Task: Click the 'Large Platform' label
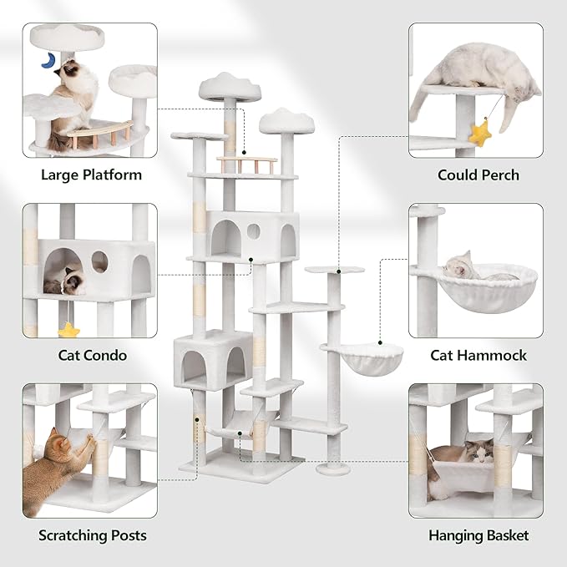(91, 175)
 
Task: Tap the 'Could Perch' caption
(478, 175)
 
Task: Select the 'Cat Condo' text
(92, 355)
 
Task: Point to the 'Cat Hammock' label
(478, 355)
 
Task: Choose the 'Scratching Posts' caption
(92, 535)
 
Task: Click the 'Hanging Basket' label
(478, 535)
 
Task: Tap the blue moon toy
(50, 60)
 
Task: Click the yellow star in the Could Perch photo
(480, 133)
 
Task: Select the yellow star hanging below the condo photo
(68, 331)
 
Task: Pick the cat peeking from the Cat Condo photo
(67, 280)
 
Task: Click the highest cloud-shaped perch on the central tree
(229, 86)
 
